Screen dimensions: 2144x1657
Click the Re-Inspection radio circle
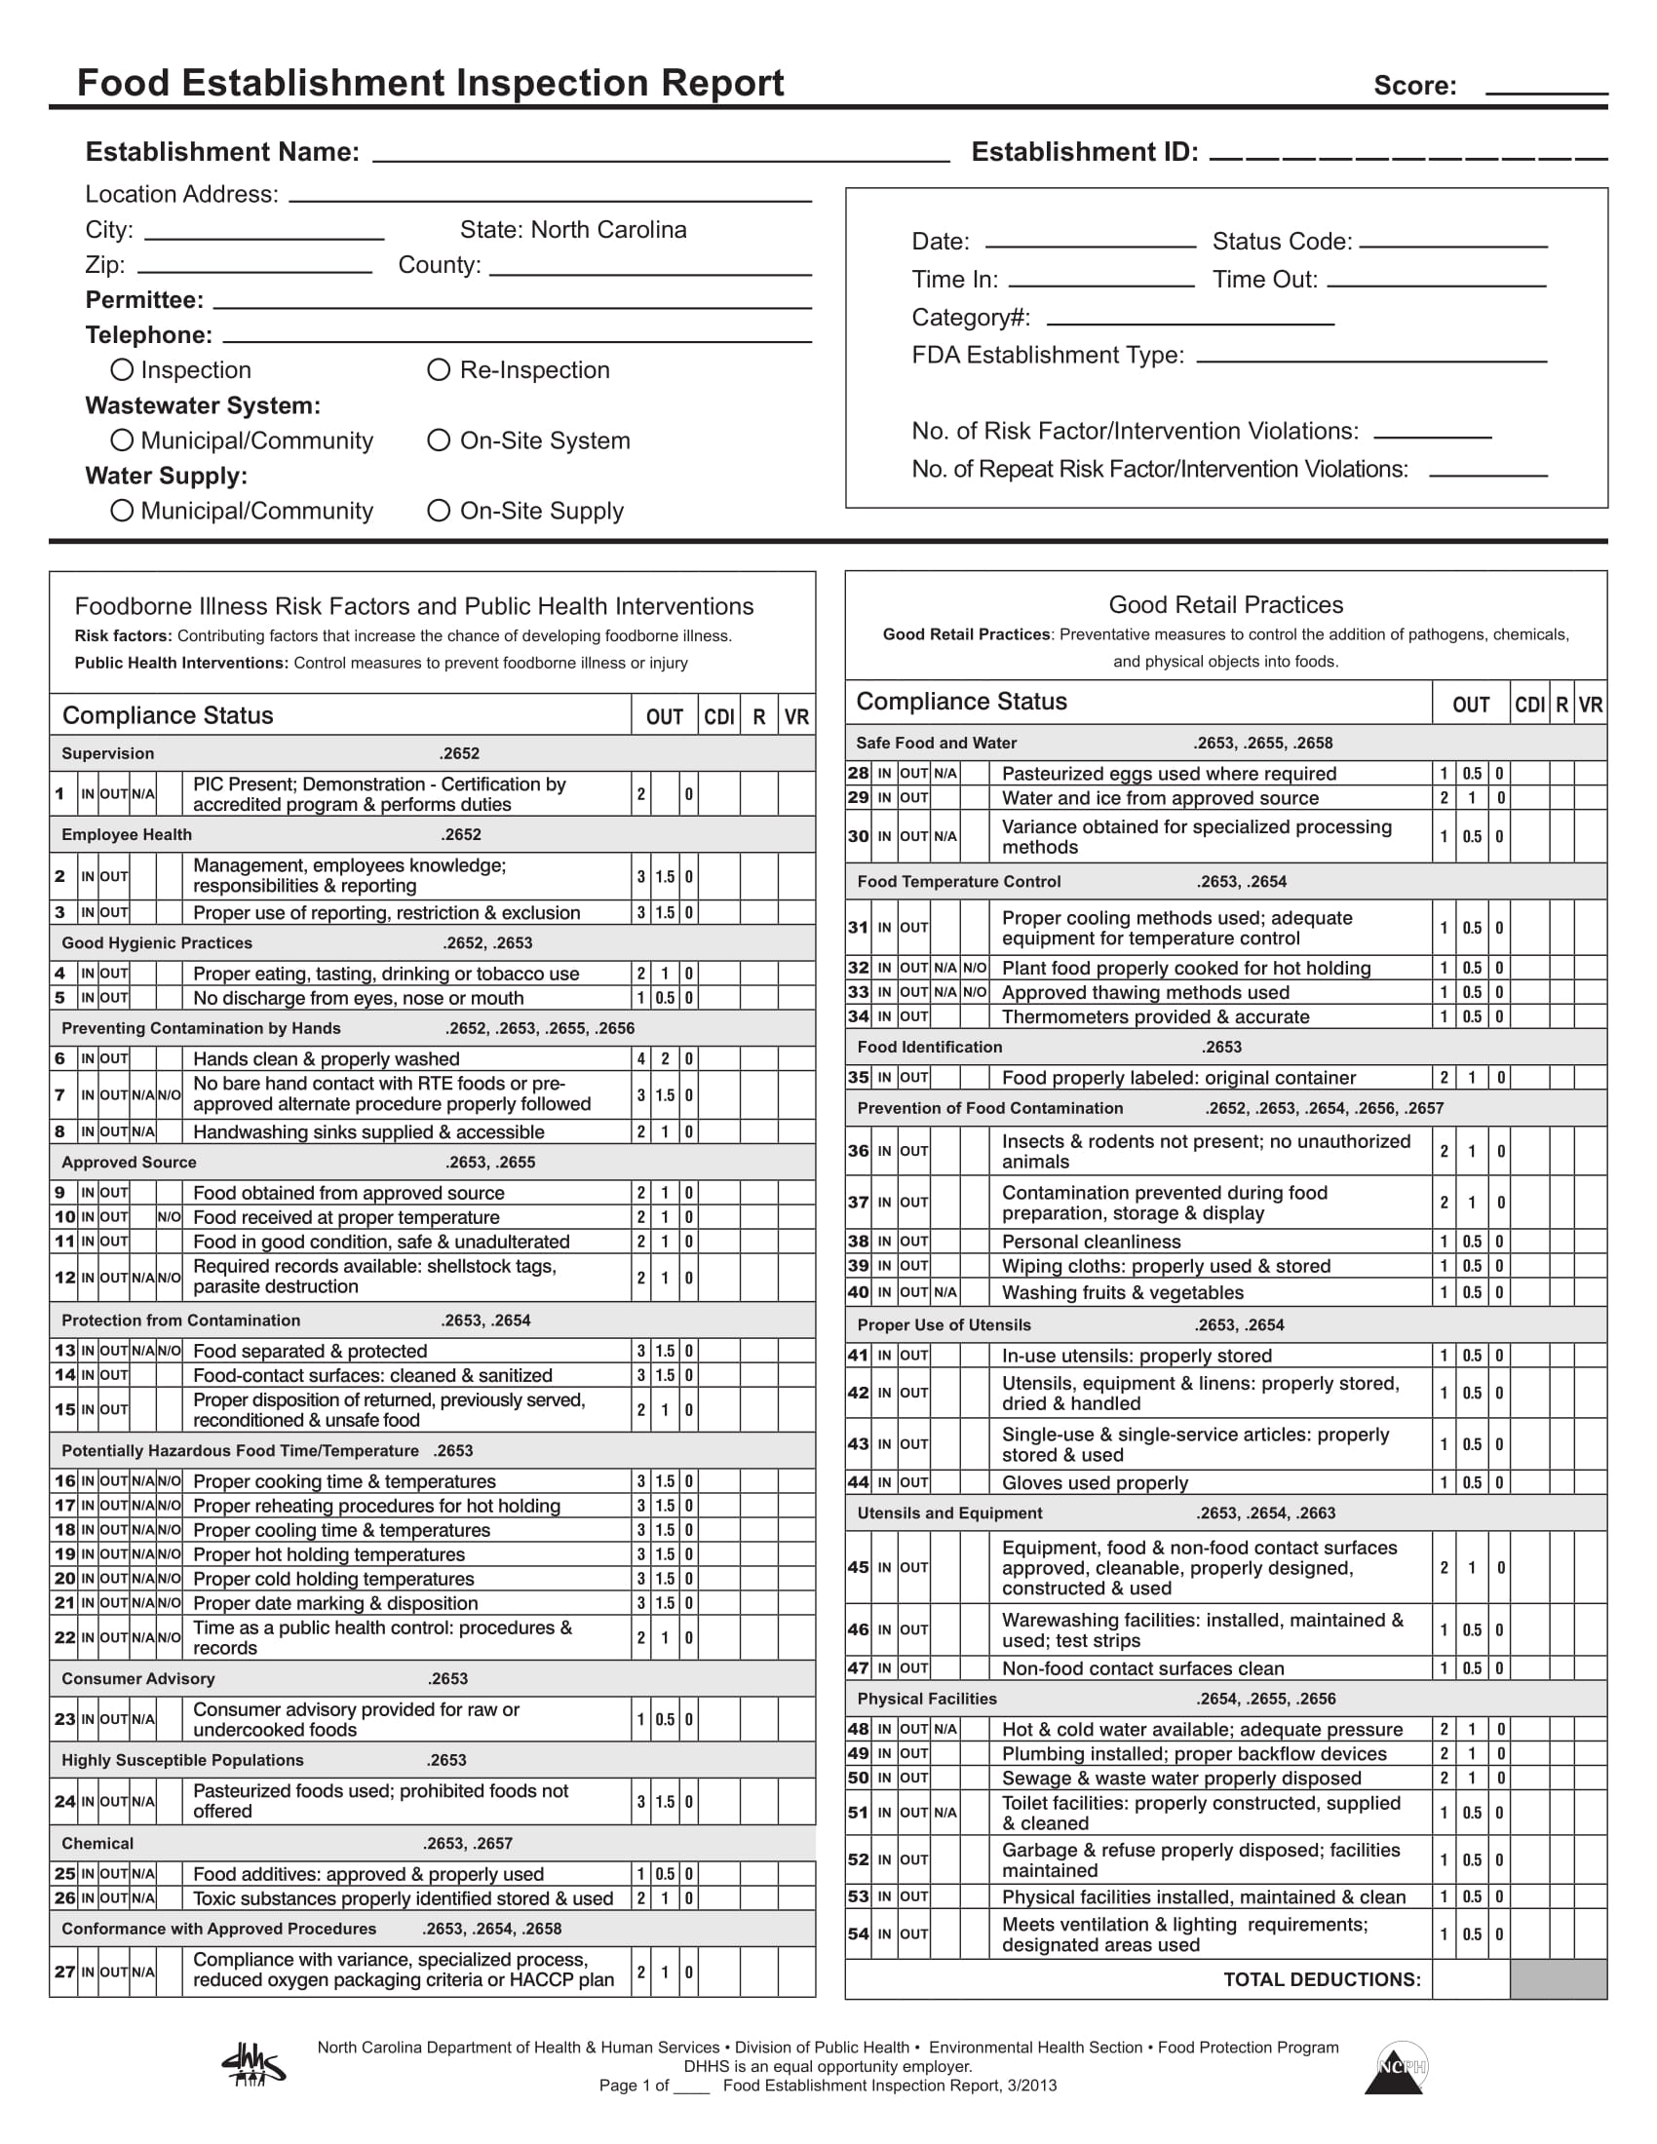click(x=439, y=369)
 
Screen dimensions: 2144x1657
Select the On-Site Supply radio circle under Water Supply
click(x=439, y=510)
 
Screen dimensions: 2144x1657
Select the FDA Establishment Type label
click(x=1048, y=355)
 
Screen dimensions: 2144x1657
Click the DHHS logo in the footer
click(x=253, y=2064)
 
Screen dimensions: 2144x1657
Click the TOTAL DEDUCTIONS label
click(x=1322, y=1979)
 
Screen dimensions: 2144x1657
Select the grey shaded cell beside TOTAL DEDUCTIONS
click(x=1557, y=1979)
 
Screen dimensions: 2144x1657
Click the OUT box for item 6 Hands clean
click(x=114, y=1058)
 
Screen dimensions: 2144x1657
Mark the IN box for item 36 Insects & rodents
click(x=884, y=1151)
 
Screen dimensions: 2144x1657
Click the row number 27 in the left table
click(x=64, y=1972)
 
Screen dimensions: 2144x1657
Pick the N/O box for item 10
click(x=169, y=1216)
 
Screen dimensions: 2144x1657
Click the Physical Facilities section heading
click(x=927, y=1699)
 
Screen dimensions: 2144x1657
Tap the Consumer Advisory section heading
click(x=137, y=1679)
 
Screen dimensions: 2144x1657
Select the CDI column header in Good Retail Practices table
click(x=1528, y=705)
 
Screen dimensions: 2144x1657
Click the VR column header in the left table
click(x=796, y=716)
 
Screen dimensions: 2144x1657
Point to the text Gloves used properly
click(x=1095, y=1482)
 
